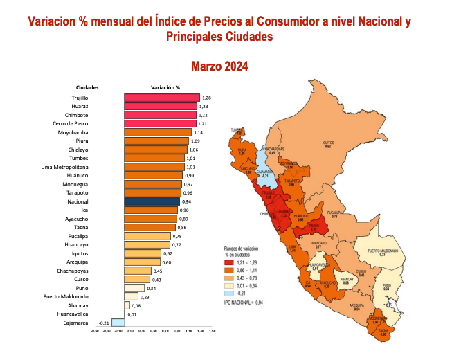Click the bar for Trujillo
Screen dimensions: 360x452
pos(162,98)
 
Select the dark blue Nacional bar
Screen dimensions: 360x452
pos(152,201)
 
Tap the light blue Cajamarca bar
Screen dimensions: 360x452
pos(118,323)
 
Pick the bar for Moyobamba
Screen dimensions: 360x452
pos(158,132)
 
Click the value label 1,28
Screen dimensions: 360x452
pos(206,98)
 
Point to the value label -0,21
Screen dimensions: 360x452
pos(105,323)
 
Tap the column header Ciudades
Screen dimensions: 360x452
pos(87,87)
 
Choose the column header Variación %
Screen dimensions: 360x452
pos(165,87)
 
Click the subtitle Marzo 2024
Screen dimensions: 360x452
pos(219,66)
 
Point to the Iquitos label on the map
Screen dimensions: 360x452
pos(327,144)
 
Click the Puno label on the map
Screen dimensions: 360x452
pos(387,287)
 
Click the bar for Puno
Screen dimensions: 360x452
pos(134,288)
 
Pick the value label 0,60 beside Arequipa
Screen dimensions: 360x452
pos(167,262)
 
